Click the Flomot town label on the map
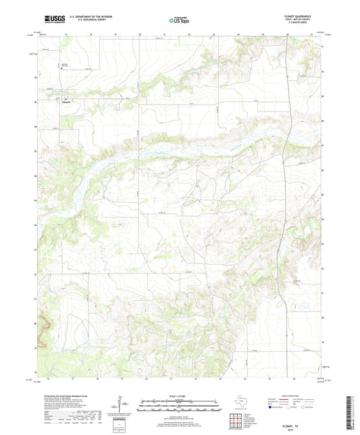point(66,103)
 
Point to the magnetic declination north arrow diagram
point(118,409)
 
